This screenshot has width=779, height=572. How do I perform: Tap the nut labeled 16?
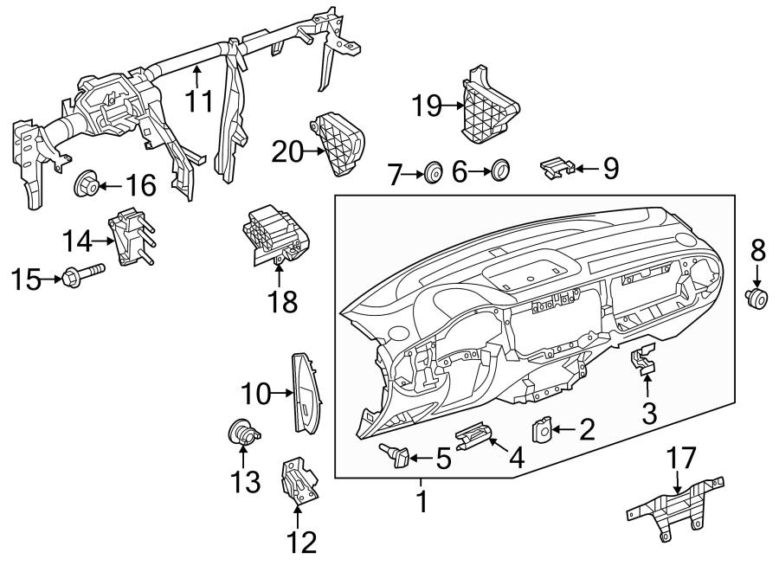click(85, 183)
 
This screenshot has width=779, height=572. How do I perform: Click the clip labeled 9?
click(556, 166)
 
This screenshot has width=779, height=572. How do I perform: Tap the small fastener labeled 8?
click(757, 299)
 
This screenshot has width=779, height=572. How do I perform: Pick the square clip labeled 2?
click(542, 429)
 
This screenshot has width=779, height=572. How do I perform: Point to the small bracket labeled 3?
click(643, 363)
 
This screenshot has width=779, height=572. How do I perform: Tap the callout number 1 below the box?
click(422, 500)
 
